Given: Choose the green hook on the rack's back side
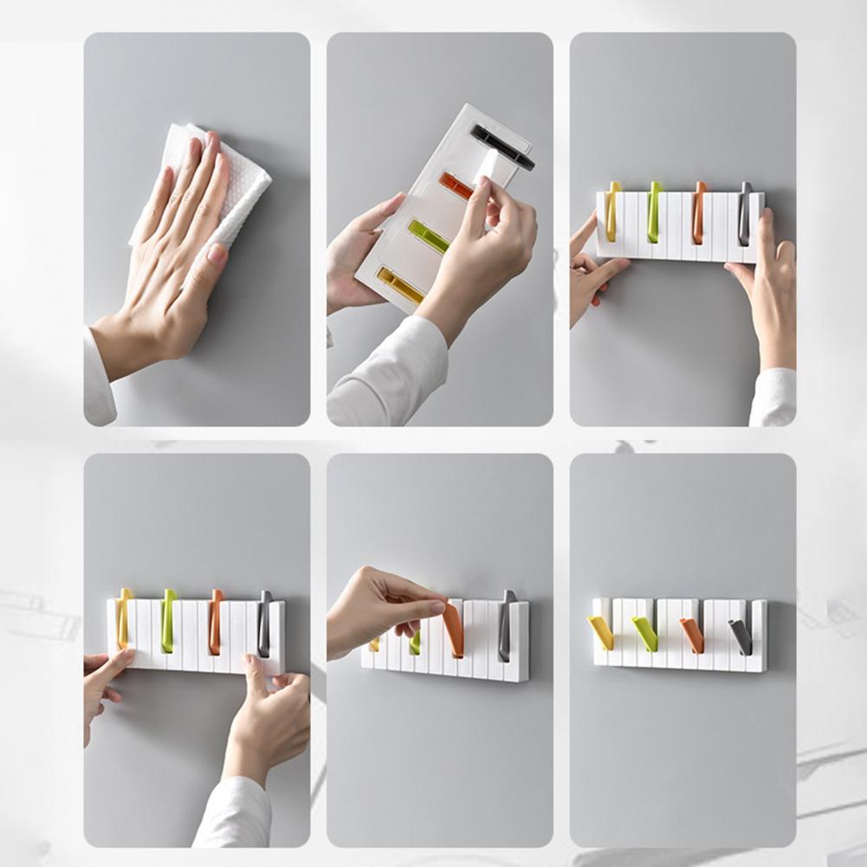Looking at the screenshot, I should [x=428, y=236].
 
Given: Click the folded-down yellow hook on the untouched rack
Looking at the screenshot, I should [x=601, y=632].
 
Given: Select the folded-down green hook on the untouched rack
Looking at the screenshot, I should [x=644, y=634].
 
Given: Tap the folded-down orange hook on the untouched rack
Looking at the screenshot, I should [x=692, y=635].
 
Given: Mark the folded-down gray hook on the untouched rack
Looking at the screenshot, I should [x=741, y=637].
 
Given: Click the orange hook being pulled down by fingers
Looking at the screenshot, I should [x=454, y=631].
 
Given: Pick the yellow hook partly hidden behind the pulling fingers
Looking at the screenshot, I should [x=374, y=644].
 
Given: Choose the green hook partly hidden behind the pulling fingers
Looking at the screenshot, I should [x=415, y=643].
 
